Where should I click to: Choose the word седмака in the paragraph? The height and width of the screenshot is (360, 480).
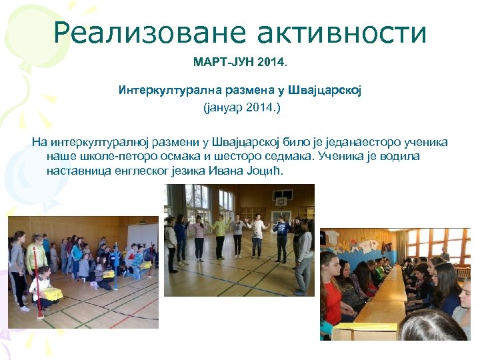[287, 157]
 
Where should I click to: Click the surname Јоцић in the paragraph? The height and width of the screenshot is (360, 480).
[266, 171]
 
